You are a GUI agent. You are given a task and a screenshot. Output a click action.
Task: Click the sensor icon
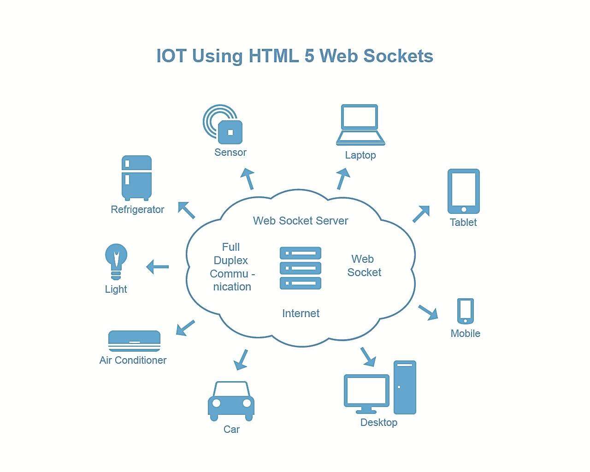(x=223, y=124)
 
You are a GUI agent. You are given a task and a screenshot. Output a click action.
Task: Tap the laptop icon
(x=360, y=125)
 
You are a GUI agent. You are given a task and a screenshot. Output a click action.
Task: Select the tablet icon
(x=464, y=191)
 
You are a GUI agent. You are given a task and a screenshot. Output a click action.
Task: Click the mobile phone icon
(x=466, y=311)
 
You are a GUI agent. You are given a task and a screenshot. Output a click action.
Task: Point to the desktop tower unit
(x=405, y=387)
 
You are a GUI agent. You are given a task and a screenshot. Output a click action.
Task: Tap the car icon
(x=231, y=401)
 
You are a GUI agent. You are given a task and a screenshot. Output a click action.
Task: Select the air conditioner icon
(x=134, y=341)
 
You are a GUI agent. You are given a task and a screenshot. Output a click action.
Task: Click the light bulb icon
(x=116, y=261)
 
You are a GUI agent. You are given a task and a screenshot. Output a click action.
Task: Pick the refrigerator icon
(x=136, y=178)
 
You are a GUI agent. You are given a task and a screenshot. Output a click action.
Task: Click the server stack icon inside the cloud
(x=301, y=268)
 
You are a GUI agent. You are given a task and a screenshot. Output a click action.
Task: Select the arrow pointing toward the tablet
(x=421, y=214)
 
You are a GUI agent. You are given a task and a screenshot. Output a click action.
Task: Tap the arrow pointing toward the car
(x=241, y=360)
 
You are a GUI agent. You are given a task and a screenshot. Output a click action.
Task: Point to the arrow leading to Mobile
(x=428, y=312)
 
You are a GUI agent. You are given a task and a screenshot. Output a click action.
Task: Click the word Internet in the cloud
(x=301, y=313)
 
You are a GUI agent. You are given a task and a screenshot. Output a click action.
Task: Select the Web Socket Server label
(x=301, y=221)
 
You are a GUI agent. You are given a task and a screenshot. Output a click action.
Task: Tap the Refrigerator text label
(x=137, y=209)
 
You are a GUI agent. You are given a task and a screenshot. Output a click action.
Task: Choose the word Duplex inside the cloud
(x=231, y=260)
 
